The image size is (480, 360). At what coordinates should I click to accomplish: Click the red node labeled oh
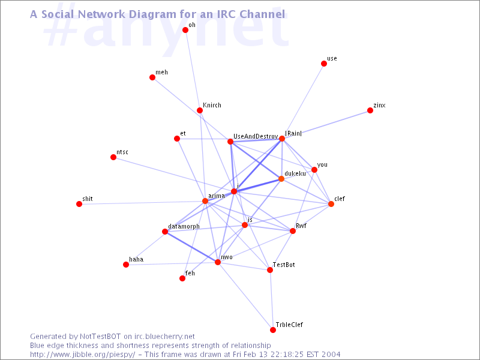coord(185,30)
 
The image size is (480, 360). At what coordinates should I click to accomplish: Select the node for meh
coord(152,77)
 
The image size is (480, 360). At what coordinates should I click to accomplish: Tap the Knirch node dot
coord(200,110)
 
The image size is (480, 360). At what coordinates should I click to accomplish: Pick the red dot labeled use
coord(324,64)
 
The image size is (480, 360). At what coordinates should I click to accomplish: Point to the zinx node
coord(370,110)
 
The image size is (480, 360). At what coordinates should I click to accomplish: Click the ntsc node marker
coord(113,157)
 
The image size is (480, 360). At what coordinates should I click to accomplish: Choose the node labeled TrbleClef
coord(273,330)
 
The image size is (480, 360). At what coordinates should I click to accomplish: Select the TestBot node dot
coord(270,270)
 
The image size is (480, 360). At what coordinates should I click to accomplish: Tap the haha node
coord(126,265)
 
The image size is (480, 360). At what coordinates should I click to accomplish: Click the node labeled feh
coord(182,278)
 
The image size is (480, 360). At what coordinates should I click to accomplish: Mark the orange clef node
coord(331,204)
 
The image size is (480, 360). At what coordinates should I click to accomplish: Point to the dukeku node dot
coord(281,179)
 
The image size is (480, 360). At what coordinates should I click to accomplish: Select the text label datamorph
coord(184,226)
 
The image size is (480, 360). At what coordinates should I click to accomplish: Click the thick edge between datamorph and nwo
coord(191,247)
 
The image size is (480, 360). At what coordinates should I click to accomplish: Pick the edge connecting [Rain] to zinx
coord(326,125)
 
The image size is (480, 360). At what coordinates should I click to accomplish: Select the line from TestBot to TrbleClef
coord(271,300)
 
